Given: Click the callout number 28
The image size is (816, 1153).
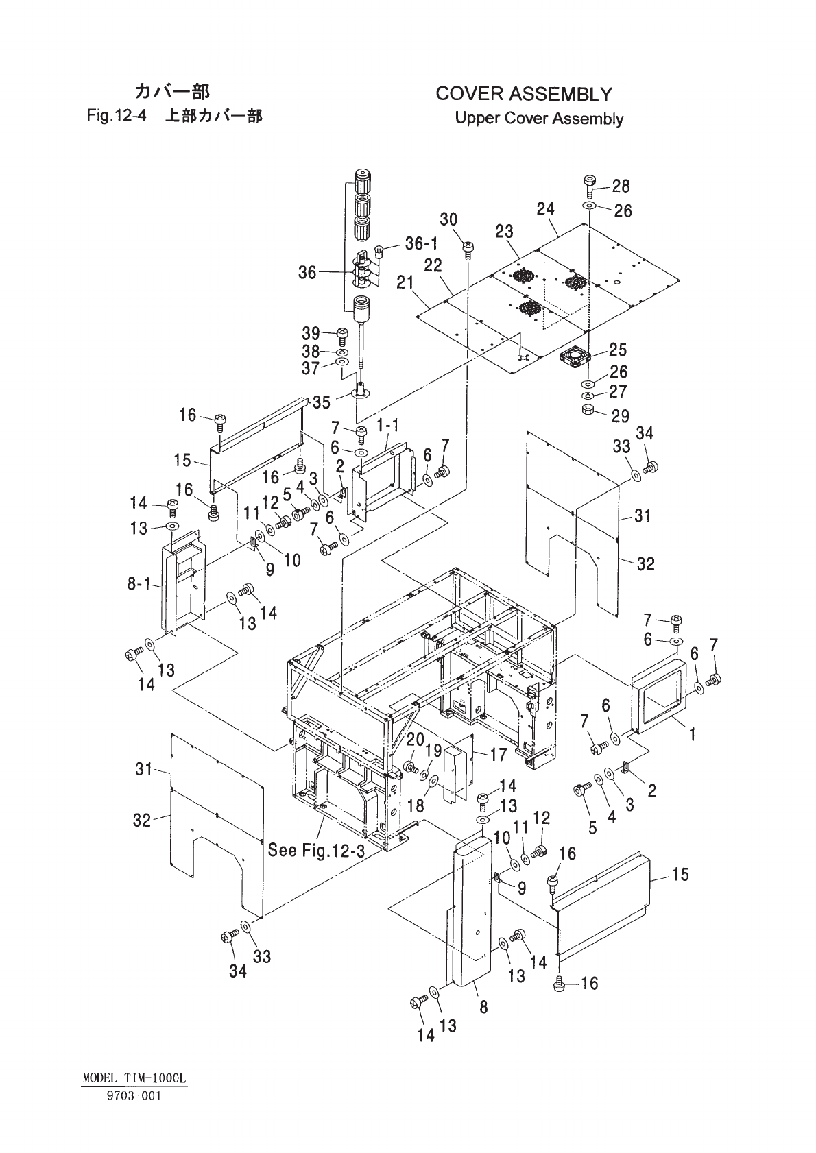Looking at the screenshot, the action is coord(621,186).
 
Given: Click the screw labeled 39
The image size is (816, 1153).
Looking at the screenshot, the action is coord(342,336).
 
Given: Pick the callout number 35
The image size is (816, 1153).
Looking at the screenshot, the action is coord(321,402).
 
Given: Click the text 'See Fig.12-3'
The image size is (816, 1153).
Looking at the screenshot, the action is coord(316,850).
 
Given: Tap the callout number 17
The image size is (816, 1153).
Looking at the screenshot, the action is coord(499,755).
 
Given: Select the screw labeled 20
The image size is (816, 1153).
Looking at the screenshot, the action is coord(411,767).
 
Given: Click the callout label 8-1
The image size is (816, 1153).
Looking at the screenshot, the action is coord(139,584).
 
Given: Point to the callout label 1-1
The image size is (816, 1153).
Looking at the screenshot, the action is coord(387,426).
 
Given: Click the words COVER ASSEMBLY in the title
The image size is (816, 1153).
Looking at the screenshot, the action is coord(524,94).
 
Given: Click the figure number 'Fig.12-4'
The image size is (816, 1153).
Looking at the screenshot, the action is coord(117,116).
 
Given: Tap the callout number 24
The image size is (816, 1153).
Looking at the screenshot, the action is coord(545,209).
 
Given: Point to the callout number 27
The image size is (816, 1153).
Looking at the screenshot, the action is coord(618,391).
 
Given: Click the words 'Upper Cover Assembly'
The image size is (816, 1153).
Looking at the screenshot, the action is coord(539,119).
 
